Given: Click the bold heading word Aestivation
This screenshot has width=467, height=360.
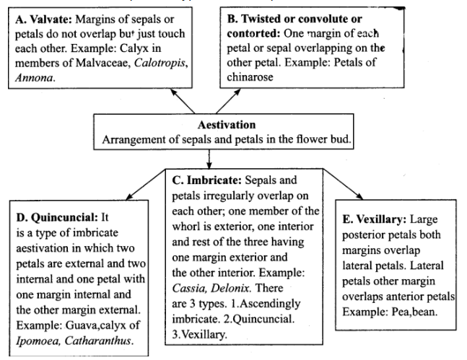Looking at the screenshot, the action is tap(227, 125).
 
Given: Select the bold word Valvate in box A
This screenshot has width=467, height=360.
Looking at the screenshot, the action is tap(51, 19).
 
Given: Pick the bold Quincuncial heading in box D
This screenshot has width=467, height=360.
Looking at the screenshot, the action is tap(64, 217).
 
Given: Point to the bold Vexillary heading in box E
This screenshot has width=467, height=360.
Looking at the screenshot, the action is tap(382, 219).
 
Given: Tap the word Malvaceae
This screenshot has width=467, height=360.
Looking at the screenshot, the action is tap(103, 63).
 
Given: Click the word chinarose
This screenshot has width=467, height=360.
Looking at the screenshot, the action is tap(250, 76).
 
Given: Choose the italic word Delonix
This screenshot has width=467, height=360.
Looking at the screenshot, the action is tap(231, 288).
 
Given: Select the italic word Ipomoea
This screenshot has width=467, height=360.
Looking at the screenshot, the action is tap(38, 341).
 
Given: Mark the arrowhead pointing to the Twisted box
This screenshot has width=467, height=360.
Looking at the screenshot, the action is tap(237, 92).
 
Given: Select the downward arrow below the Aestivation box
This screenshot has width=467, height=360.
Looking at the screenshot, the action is tap(209, 159).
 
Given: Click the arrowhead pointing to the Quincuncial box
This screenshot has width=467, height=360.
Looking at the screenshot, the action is tap(129, 196).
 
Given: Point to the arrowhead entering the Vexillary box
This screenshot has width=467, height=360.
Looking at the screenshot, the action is tap(359, 196).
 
